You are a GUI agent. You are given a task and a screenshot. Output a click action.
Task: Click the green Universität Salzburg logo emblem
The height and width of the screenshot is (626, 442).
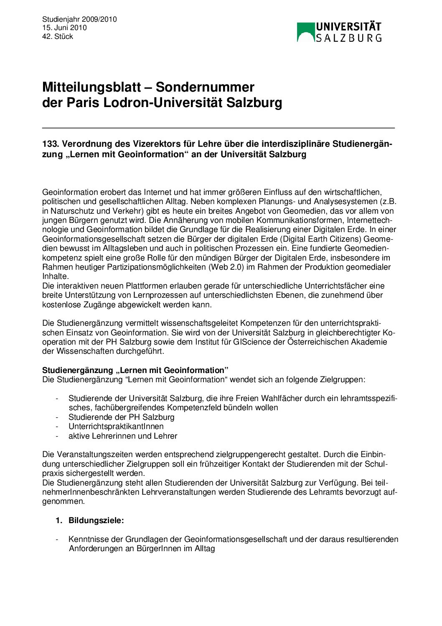pyautogui.click(x=305, y=32)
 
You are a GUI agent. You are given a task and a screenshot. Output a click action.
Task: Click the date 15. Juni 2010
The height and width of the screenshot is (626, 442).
pyautogui.click(x=64, y=28)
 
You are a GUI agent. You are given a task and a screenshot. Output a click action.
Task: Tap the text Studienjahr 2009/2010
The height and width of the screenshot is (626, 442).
pyautogui.click(x=79, y=19)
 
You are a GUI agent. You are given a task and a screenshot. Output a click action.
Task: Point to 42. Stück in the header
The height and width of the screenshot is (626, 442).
pyautogui.click(x=58, y=36)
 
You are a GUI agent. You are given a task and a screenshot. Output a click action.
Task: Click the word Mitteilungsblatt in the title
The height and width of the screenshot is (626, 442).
pyautogui.click(x=91, y=87)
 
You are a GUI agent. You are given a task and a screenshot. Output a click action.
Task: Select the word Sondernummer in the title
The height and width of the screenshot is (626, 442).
pyautogui.click(x=205, y=87)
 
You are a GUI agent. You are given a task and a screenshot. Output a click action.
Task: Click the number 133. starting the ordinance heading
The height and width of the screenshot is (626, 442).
pyautogui.click(x=51, y=144)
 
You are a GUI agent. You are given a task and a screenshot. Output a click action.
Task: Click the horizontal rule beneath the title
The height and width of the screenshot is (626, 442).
pyautogui.click(x=218, y=128)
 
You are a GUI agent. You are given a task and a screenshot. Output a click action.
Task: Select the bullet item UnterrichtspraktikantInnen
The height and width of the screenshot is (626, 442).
pyautogui.click(x=116, y=427)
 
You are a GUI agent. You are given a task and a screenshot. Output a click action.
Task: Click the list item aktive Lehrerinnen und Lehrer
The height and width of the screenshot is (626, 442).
pyautogui.click(x=123, y=436)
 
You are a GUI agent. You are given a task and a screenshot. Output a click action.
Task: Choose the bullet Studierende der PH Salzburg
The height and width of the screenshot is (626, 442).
pyautogui.click(x=121, y=417)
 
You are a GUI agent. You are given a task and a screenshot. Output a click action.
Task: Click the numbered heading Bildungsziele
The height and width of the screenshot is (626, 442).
pyautogui.click(x=96, y=521)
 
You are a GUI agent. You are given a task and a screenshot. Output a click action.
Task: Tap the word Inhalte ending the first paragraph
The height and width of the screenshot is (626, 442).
pyautogui.click(x=55, y=276)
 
